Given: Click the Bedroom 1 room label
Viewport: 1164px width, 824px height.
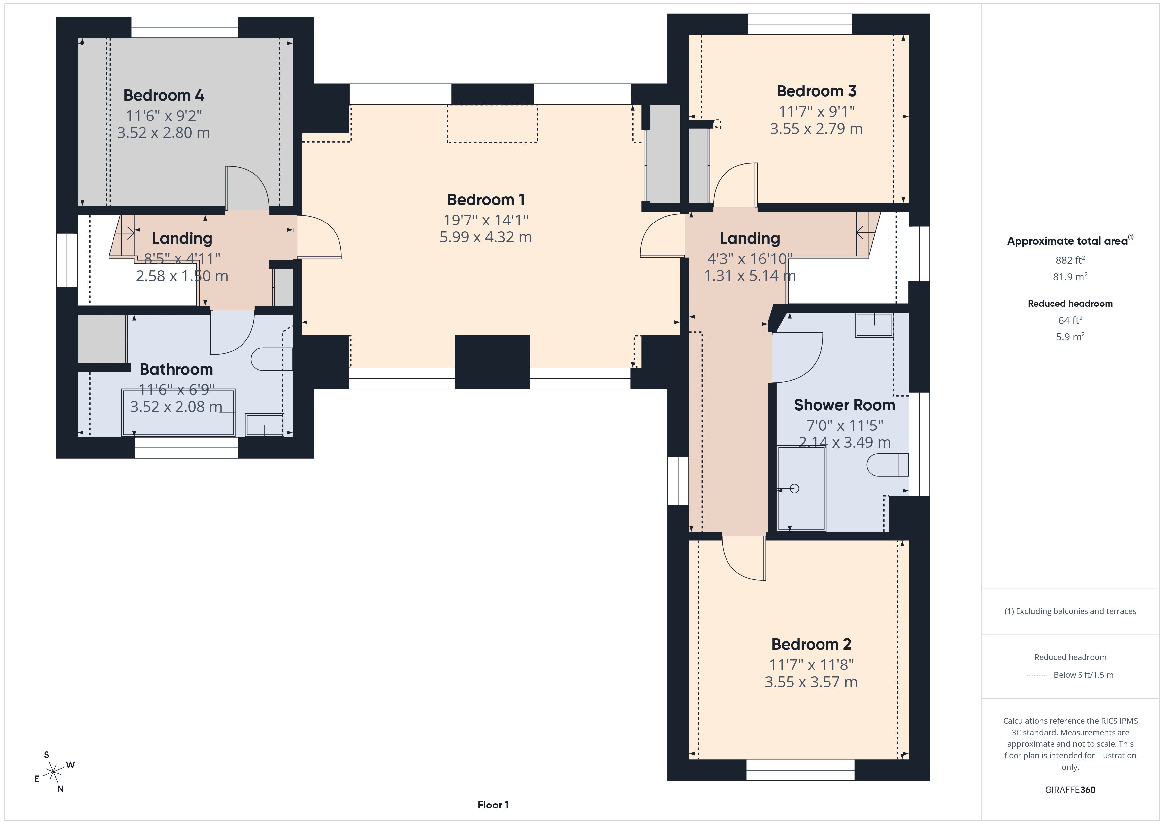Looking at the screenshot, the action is click(x=486, y=200).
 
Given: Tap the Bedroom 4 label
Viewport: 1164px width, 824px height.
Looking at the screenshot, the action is click(x=164, y=95).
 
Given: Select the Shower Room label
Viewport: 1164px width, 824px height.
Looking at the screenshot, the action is click(x=845, y=405).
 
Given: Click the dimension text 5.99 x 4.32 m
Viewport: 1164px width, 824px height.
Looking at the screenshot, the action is click(x=486, y=237).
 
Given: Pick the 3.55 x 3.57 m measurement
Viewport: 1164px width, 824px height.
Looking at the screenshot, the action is click(x=811, y=682).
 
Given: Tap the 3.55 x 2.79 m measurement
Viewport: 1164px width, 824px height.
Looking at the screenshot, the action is click(x=816, y=129).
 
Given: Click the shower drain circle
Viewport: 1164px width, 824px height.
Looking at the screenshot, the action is click(x=794, y=489).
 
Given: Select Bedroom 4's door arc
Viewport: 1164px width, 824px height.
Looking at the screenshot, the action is click(x=247, y=188).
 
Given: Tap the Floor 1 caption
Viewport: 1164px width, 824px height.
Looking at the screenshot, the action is click(x=493, y=805).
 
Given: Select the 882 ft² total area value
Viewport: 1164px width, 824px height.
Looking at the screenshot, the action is click(x=1070, y=260).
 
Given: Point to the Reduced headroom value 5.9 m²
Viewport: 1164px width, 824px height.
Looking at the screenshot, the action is click(x=1070, y=336).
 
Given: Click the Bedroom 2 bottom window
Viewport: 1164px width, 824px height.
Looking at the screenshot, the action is click(x=800, y=770).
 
